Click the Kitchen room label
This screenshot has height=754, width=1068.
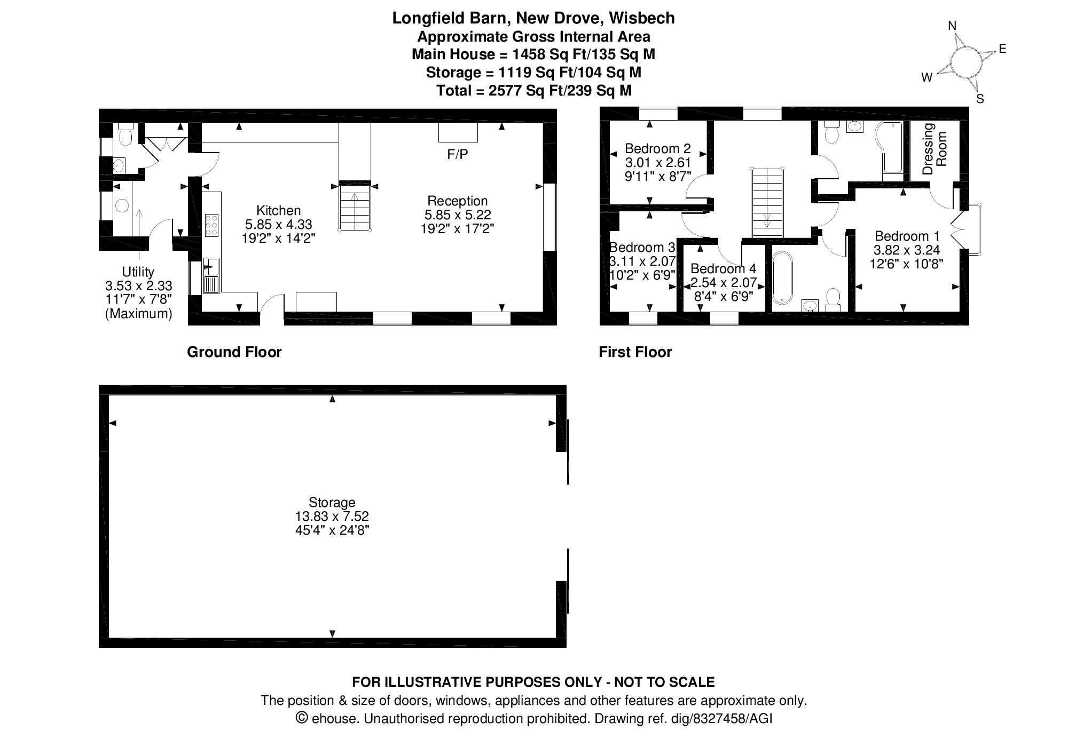tap(278, 210)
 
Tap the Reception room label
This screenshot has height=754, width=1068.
tap(457, 201)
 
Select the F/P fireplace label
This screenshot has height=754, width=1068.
tap(458, 155)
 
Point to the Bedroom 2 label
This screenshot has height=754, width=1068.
tap(657, 148)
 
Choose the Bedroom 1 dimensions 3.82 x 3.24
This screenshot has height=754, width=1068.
tap(906, 250)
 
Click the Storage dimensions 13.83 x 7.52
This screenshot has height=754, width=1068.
tap(332, 517)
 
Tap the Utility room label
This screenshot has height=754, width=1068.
tap(138, 272)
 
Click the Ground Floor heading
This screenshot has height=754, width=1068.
tap(234, 352)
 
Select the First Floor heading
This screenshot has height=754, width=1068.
tap(635, 352)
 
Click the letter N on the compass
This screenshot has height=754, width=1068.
tap(952, 26)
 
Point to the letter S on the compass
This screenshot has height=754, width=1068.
tap(980, 99)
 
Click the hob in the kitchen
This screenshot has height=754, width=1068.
tap(211, 225)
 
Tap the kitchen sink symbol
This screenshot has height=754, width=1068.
tap(211, 275)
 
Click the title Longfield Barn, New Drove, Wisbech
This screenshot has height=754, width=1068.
tap(533, 18)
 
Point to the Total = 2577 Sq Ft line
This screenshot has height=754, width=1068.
tap(533, 91)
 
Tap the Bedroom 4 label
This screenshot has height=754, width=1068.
tap(723, 268)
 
